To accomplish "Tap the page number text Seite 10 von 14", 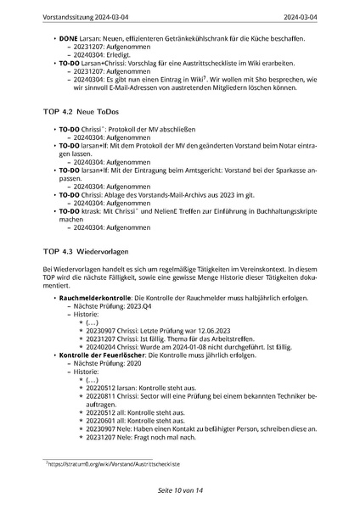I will pyautogui.click(x=180, y=490).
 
